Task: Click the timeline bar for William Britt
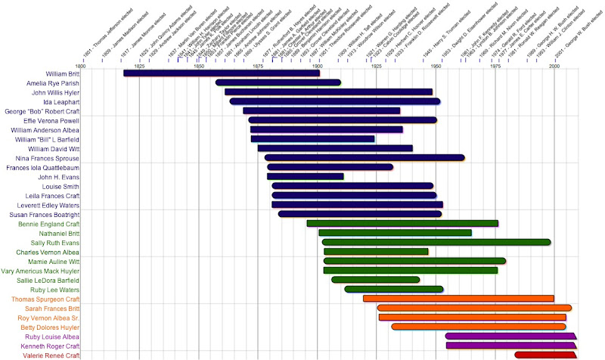[221, 73]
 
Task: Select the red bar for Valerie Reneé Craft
[544, 355]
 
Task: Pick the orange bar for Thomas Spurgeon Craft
[458, 298]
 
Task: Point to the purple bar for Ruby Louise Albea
[510, 336]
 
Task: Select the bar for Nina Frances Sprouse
[365, 157]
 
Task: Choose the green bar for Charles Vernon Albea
[376, 251]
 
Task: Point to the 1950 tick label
[436, 67]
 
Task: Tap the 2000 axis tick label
[554, 67]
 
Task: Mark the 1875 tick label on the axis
[259, 67]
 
